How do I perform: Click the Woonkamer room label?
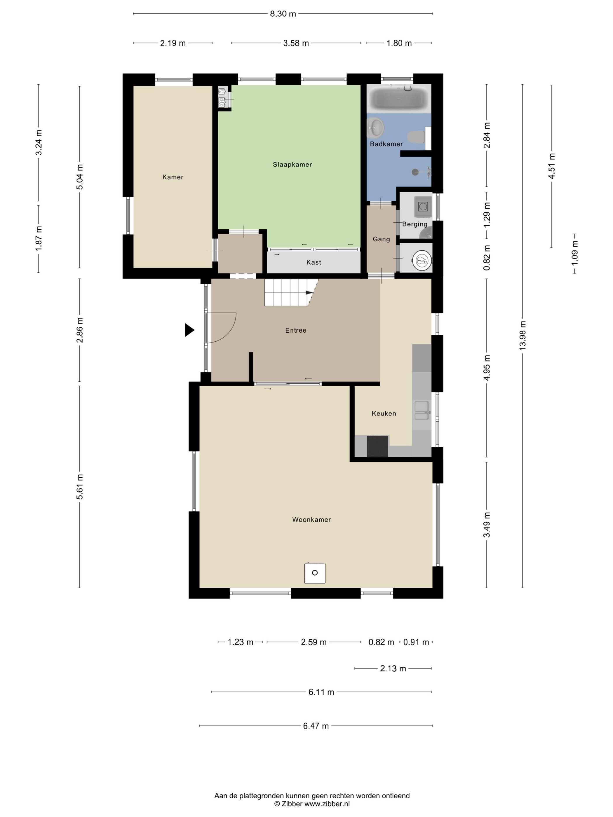(311, 519)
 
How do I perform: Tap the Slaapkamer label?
(292, 164)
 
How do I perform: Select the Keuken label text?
(384, 413)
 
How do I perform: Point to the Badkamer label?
(386, 144)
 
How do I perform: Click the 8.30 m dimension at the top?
(283, 14)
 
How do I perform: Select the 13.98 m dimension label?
(522, 335)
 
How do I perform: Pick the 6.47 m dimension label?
(316, 726)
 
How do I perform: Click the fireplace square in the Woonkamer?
(314, 572)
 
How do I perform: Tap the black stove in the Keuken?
(377, 446)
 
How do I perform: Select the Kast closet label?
(313, 262)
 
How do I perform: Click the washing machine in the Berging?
(423, 206)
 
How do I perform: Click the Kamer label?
(173, 177)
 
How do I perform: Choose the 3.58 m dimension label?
(296, 43)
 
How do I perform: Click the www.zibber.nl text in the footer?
(327, 804)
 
